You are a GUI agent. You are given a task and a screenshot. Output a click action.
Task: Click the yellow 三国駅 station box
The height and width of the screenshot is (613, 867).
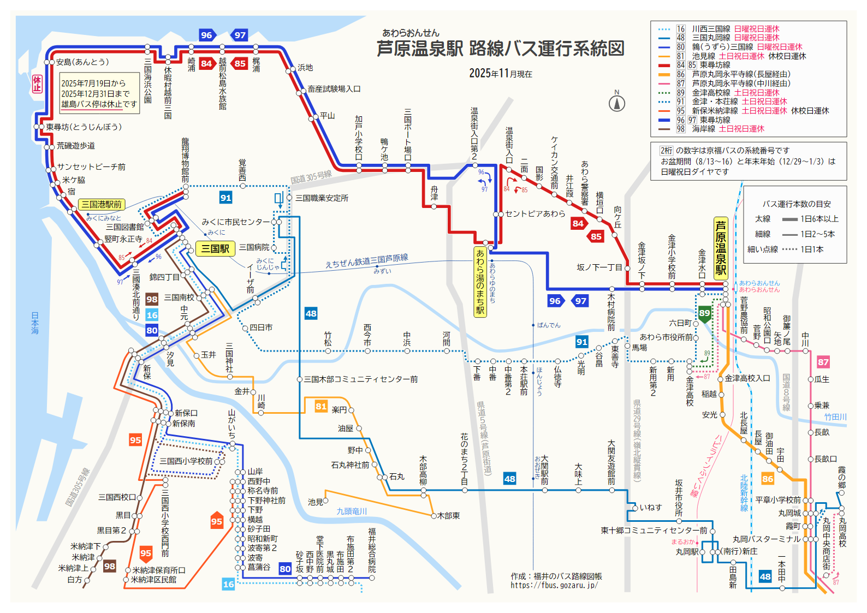coord(215,249)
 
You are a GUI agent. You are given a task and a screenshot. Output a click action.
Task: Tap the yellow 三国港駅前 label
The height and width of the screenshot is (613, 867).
coord(102,205)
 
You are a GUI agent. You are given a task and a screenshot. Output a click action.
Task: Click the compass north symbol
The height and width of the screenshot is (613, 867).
coord(617,103)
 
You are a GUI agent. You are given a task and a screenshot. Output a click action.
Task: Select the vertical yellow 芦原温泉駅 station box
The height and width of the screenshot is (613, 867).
coord(721,248)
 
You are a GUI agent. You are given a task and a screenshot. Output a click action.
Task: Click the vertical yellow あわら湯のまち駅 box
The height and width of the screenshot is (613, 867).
coord(480,282)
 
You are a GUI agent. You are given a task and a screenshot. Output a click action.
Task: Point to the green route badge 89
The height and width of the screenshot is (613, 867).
coord(704,313)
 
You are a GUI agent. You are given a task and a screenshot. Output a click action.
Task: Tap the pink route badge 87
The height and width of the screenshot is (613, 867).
coord(823,362)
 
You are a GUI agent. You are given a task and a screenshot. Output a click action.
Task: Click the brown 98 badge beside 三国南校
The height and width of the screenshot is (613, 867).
coord(152,299)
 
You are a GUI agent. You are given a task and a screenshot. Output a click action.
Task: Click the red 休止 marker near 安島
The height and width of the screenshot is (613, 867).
coord(37,84)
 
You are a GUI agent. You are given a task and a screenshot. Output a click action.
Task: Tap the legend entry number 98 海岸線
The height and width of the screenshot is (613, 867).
coord(681,129)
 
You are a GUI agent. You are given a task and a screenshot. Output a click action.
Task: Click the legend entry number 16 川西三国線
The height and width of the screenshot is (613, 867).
coord(681,29)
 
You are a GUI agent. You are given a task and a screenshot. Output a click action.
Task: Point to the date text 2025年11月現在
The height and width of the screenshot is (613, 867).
coord(500,74)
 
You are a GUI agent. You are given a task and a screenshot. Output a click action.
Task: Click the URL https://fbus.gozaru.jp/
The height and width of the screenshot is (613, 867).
coord(554,585)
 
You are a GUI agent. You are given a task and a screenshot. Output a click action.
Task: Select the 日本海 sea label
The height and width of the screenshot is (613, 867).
coord(35,323)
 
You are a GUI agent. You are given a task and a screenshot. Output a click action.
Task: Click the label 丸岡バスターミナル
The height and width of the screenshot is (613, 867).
coord(766,539)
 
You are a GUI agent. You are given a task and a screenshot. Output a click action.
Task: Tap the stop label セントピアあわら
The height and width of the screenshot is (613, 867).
coord(535,214)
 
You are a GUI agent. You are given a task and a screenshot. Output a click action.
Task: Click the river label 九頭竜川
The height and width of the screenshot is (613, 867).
coord(352,511)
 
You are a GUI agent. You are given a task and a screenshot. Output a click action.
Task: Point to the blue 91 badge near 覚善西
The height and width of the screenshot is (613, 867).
coord(225,198)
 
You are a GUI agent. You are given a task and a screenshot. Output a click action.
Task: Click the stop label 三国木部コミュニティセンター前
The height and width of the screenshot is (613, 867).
coord(361,379)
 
